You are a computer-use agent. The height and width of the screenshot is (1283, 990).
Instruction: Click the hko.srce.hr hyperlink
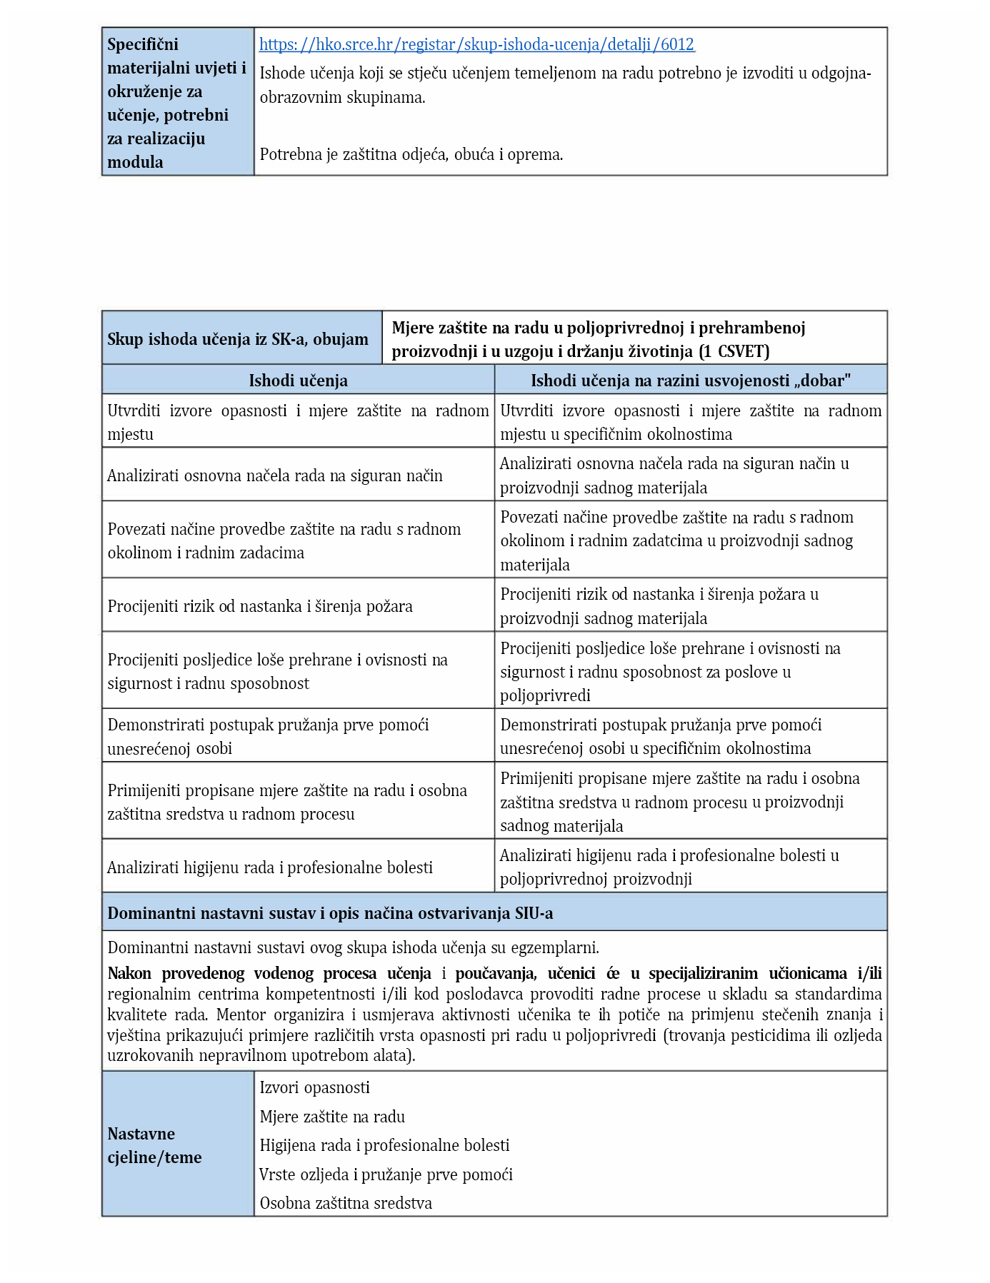[x=476, y=44]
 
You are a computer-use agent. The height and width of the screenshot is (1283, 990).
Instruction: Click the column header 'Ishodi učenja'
[x=298, y=381]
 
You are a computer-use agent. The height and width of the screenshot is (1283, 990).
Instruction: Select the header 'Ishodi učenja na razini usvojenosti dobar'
[x=690, y=381]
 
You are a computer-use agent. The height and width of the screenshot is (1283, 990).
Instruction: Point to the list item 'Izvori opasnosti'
[x=314, y=1087]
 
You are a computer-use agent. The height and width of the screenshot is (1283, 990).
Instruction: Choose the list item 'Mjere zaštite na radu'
[x=332, y=1117]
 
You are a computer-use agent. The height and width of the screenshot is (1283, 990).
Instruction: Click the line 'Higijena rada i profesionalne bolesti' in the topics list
[x=384, y=1145]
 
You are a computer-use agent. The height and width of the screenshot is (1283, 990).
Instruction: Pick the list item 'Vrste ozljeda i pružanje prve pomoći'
[x=386, y=1174]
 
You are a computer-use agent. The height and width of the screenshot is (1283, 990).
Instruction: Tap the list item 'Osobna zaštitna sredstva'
[x=346, y=1203]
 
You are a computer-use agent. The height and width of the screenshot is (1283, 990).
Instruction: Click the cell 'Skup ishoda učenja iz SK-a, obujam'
[x=238, y=339]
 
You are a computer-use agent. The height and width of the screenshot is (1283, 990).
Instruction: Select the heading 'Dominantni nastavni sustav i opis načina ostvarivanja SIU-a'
[x=330, y=913]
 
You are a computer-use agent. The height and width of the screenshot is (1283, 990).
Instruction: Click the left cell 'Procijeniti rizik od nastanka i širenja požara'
[x=260, y=606]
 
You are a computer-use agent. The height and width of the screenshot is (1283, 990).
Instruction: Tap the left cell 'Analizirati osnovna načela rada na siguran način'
[x=275, y=476]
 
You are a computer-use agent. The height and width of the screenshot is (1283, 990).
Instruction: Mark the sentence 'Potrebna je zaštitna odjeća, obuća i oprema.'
[x=411, y=154]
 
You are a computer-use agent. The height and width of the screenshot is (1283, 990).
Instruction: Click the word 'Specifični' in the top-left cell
[x=143, y=44]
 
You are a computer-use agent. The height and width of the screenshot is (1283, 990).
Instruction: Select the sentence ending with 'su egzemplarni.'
[x=353, y=947]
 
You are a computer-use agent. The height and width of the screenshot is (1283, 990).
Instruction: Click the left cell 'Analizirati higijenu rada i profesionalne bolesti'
[x=270, y=867]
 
